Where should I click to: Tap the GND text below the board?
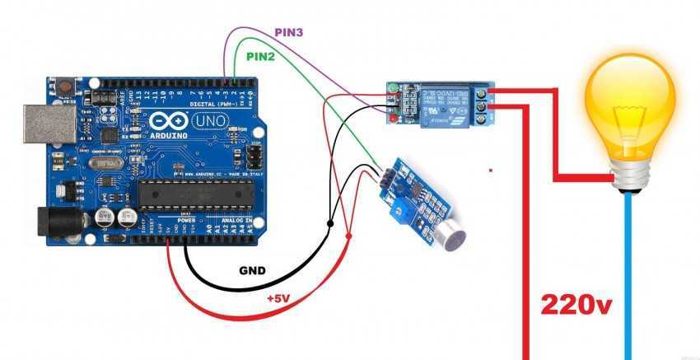pos(254,270)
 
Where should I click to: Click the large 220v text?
pos(577,305)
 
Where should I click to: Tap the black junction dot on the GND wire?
pos(330,222)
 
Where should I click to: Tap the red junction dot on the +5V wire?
pos(349,237)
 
